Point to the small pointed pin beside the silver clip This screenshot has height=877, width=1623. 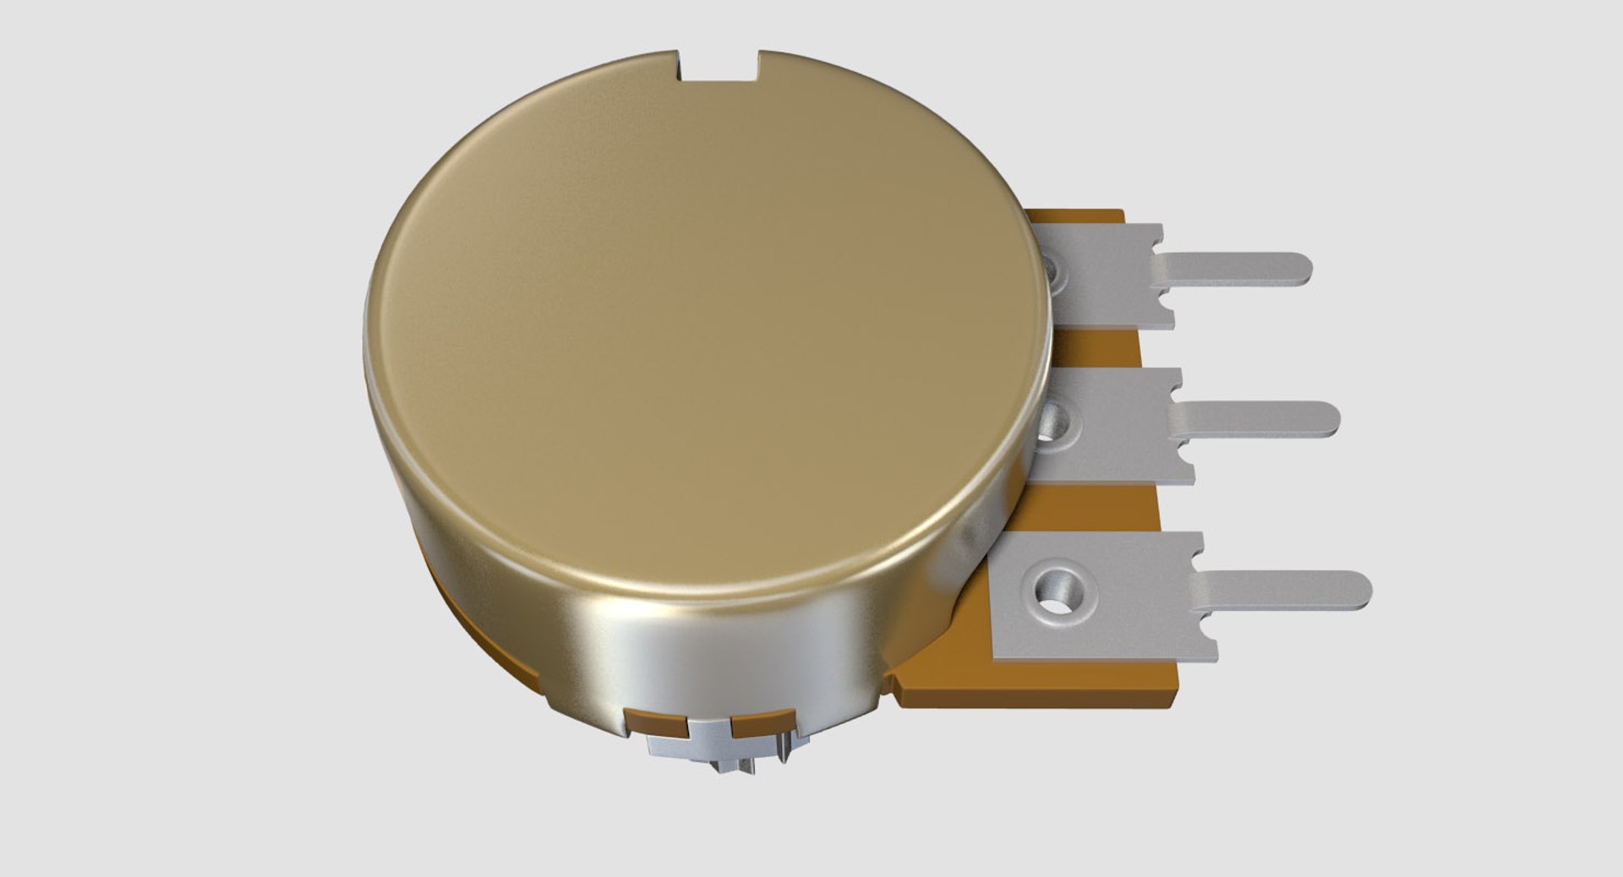click(x=787, y=751)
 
